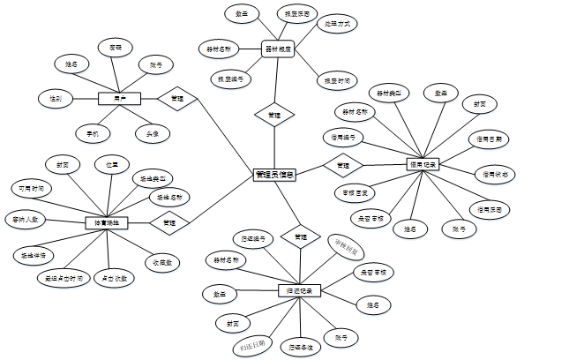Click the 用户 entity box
[108, 98]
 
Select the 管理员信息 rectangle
[274, 175]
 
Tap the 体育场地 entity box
[107, 223]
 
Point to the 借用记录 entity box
[422, 164]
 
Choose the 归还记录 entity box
[300, 290]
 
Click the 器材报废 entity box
[279, 49]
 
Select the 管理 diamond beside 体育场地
[168, 223]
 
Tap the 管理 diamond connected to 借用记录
[343, 164]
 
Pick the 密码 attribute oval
[116, 45]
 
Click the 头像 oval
[151, 134]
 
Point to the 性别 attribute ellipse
[55, 98]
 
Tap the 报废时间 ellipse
[336, 80]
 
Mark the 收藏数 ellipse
[161, 262]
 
